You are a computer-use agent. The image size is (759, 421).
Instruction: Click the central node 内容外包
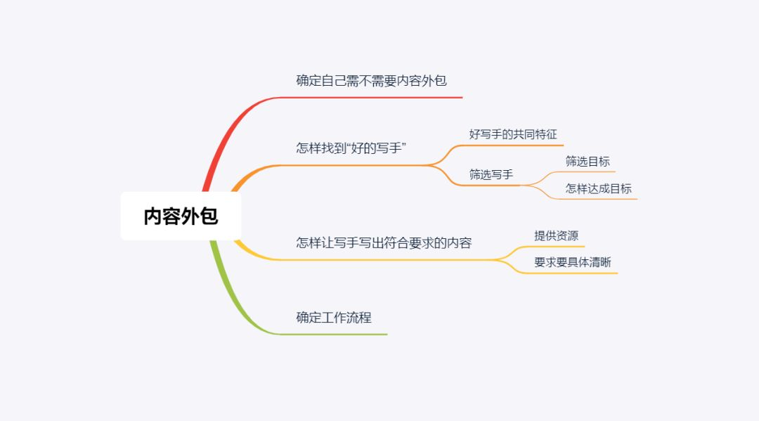pyautogui.click(x=181, y=216)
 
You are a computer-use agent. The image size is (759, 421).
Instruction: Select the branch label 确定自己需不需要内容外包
pyautogui.click(x=371, y=80)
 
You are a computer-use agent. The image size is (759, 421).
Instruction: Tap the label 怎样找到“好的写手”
pyautogui.click(x=351, y=148)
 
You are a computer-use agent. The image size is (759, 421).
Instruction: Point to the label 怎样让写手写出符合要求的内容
pyautogui.click(x=384, y=242)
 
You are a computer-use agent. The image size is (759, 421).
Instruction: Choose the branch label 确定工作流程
pyautogui.click(x=334, y=318)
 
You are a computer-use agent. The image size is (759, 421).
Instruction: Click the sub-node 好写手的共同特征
pyautogui.click(x=513, y=134)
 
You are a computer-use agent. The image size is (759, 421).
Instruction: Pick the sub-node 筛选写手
pyautogui.click(x=491, y=174)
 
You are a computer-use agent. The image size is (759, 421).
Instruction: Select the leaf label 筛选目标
pyautogui.click(x=588, y=161)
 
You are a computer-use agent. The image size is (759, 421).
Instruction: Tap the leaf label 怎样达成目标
pyautogui.click(x=599, y=188)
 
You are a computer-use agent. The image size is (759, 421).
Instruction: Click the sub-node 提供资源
pyautogui.click(x=556, y=235)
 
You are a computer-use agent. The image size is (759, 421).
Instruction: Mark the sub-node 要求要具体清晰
pyautogui.click(x=573, y=262)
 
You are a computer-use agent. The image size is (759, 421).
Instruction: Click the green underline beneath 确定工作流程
pyautogui.click(x=334, y=335)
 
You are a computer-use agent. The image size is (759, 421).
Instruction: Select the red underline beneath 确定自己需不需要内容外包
pyautogui.click(x=371, y=97)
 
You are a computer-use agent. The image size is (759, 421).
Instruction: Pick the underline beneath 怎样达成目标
pyautogui.click(x=595, y=199)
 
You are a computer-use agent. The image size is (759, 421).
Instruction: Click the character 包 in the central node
pyautogui.click(x=209, y=216)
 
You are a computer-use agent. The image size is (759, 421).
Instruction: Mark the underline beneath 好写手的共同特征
pyautogui.click(x=508, y=145)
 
